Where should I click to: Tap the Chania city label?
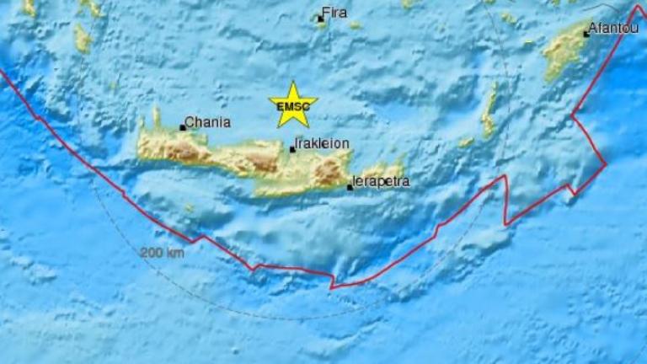[x=206, y=122]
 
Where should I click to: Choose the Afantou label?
[x=612, y=29]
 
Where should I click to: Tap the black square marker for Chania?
[x=182, y=128]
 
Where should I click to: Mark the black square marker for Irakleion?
[x=292, y=149]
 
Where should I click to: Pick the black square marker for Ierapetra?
[x=350, y=187]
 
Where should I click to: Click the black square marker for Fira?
[x=321, y=18]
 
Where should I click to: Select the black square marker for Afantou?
[x=586, y=35]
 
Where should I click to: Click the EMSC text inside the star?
[x=292, y=108]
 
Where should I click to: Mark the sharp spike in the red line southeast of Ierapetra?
[x=505, y=176]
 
